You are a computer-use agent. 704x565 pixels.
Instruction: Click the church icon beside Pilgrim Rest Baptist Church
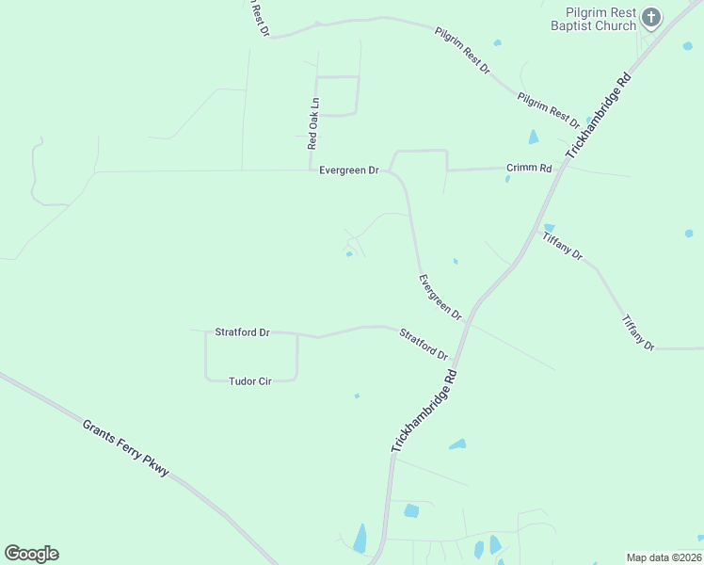pos(651,17)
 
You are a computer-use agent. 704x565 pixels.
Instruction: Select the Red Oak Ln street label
pos(313,123)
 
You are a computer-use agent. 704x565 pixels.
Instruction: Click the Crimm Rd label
pos(529,168)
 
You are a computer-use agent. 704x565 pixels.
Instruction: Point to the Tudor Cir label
pos(250,381)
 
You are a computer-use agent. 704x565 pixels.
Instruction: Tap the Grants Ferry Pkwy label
pos(125,447)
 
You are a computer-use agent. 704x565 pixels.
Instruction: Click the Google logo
pos(31,554)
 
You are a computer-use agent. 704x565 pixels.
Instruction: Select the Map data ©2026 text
pos(664,557)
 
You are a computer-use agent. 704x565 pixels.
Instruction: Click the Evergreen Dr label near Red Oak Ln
pos(348,170)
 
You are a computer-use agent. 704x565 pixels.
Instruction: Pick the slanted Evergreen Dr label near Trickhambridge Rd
pos(440,296)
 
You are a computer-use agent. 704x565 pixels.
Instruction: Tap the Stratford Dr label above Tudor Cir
pos(242,332)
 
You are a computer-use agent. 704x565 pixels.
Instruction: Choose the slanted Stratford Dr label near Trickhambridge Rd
pos(424,344)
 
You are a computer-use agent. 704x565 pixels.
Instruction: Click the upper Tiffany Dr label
pos(563,247)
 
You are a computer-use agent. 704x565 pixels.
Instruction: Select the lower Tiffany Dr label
pos(637,332)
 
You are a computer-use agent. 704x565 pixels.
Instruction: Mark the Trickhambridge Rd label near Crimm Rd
pos(599,115)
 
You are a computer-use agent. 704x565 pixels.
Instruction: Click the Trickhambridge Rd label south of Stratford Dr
pos(424,412)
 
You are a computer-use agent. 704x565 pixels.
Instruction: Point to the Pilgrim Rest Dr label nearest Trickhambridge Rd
pos(548,110)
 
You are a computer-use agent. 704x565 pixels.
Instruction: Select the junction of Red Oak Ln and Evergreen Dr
pos(311,170)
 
